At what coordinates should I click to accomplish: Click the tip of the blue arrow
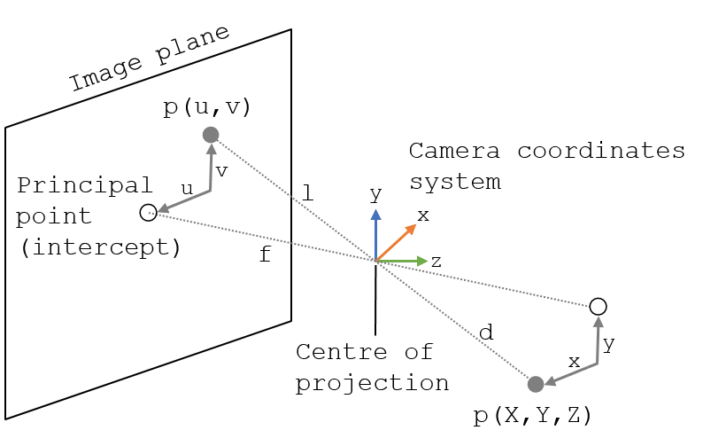point(375,210)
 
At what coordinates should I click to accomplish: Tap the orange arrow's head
point(413,226)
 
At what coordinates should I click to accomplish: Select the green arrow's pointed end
point(427,262)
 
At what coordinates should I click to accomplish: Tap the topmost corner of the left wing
point(220,139)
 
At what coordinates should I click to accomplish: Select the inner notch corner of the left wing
point(205,191)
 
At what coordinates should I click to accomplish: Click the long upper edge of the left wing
point(292,197)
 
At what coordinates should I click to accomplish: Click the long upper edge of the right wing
point(496,286)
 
